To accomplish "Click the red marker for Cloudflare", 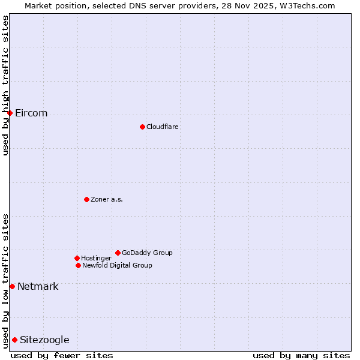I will click(142, 127).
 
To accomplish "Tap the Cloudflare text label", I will click(163, 127).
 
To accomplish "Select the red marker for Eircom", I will click(10, 113).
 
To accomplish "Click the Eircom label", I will click(31, 113).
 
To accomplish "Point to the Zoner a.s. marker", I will click(86, 199).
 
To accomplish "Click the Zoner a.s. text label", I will click(107, 200).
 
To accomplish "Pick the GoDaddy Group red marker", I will click(118, 253).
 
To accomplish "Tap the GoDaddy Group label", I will click(147, 253).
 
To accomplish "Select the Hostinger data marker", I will click(77, 258).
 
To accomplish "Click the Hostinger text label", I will click(96, 259).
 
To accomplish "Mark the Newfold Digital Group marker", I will click(78, 265).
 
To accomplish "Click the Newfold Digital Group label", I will click(117, 266).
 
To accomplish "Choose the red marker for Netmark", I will click(12, 286).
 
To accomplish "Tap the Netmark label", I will click(38, 287).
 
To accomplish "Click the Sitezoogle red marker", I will click(14, 340).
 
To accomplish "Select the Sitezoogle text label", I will click(44, 340).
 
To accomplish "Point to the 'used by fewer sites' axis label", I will click(62, 355).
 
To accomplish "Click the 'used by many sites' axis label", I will click(301, 355).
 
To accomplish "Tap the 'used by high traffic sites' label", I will click(6, 85).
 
